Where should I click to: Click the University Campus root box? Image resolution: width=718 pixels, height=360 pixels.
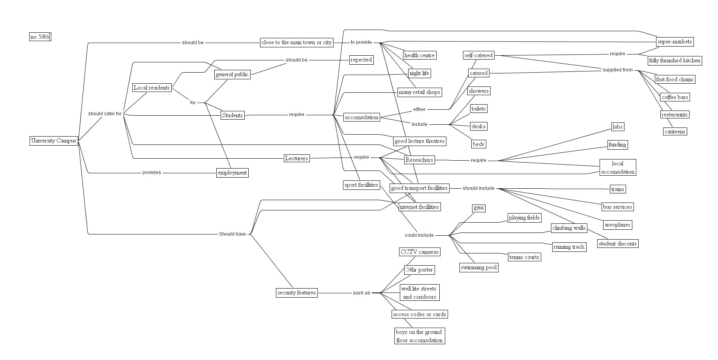(54, 141)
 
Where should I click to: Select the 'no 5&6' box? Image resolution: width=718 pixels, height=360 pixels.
(40, 37)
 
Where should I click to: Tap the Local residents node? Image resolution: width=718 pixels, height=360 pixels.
(152, 88)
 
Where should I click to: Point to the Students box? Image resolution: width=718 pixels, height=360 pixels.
(232, 115)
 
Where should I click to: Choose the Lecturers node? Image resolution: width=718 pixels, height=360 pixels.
(296, 158)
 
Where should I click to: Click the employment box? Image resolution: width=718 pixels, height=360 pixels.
(232, 172)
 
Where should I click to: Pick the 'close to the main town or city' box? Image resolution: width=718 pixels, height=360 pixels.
(297, 42)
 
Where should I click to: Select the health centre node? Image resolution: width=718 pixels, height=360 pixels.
(419, 55)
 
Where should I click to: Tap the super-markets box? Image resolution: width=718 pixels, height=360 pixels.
(675, 41)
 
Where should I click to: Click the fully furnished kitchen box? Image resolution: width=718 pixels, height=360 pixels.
(675, 60)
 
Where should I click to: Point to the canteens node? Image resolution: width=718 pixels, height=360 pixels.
(675, 131)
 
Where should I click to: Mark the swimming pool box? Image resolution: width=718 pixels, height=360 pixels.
(478, 267)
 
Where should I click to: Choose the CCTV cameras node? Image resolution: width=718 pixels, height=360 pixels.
(419, 252)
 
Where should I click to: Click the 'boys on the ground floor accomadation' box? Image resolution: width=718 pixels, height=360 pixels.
(419, 336)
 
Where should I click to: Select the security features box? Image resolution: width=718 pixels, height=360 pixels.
(296, 292)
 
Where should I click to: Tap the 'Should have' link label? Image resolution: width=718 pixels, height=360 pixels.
(232, 234)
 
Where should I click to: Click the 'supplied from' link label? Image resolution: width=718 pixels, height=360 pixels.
(617, 70)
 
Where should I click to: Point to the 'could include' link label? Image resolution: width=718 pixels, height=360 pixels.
(419, 235)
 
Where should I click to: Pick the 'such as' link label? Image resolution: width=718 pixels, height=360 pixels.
(361, 293)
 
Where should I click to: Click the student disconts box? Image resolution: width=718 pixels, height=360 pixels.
(617, 244)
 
